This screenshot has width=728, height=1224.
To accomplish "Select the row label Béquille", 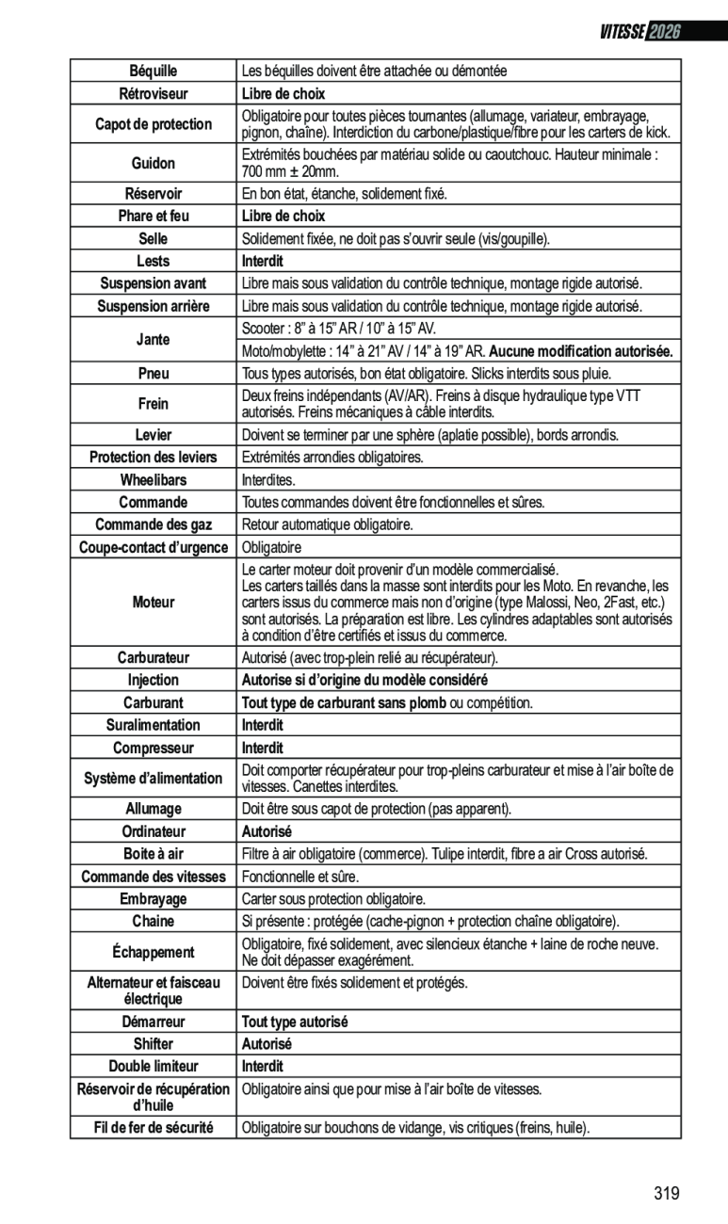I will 153,71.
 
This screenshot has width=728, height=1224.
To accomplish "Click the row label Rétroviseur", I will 153,93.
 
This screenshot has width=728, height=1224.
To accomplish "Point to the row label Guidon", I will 153,163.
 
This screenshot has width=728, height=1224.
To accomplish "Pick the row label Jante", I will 153,339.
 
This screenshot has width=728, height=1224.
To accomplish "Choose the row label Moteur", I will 153,602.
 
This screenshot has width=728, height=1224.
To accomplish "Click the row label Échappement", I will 153,952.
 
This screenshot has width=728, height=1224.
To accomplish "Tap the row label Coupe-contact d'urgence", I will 153,547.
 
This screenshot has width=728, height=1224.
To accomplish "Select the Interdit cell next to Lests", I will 263,261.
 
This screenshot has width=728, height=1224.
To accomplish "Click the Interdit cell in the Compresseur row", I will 263,748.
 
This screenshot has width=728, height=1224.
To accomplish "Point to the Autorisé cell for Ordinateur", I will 267,831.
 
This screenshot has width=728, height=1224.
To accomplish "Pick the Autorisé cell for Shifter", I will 267,1044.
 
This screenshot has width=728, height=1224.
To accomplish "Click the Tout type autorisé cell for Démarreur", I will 295,1022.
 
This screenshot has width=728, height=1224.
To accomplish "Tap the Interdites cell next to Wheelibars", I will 268,480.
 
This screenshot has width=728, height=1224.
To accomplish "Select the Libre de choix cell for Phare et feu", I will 283,216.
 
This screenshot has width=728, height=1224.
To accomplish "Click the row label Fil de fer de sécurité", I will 153,1127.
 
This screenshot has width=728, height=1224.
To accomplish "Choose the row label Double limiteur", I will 153,1067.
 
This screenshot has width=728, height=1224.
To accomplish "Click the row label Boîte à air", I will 153,854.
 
